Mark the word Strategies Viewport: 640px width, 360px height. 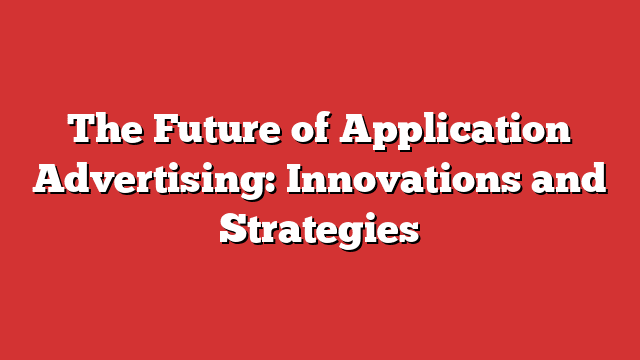point(319,231)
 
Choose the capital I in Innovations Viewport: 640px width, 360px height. point(300,181)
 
